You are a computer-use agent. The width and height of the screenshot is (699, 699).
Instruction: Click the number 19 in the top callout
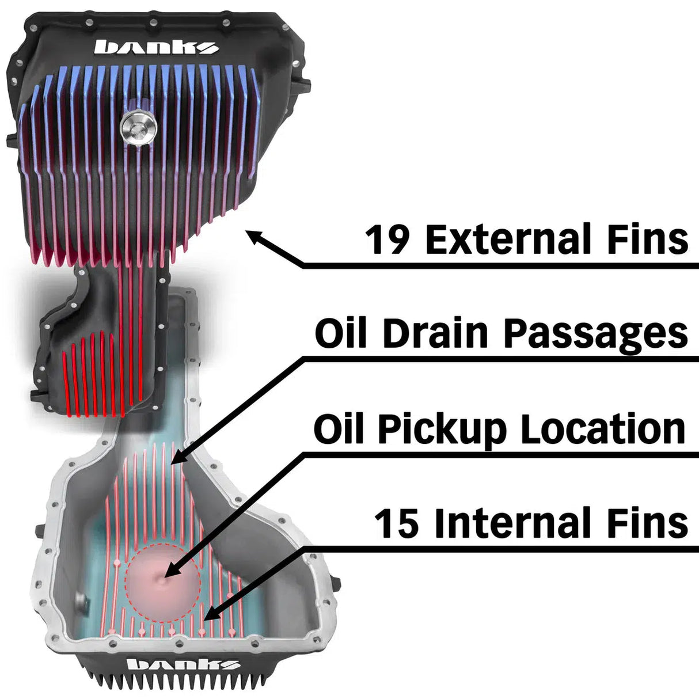coord(388,240)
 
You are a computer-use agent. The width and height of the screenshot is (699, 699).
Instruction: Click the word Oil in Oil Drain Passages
coord(341,333)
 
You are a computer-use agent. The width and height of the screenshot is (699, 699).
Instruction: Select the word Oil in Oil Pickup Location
coord(339,428)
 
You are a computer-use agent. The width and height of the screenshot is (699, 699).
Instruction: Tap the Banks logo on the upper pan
coord(156,47)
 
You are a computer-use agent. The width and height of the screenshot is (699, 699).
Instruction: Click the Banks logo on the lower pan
coord(183,664)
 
